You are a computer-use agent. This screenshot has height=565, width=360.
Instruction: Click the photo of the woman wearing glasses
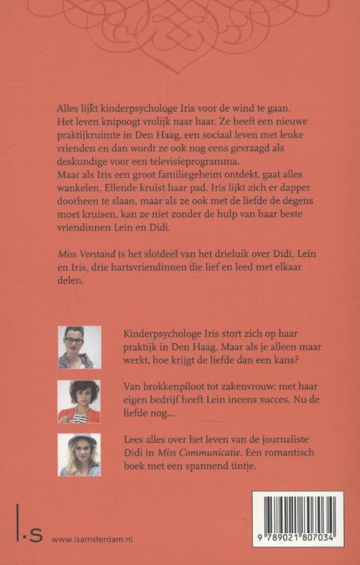click(x=79, y=347)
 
